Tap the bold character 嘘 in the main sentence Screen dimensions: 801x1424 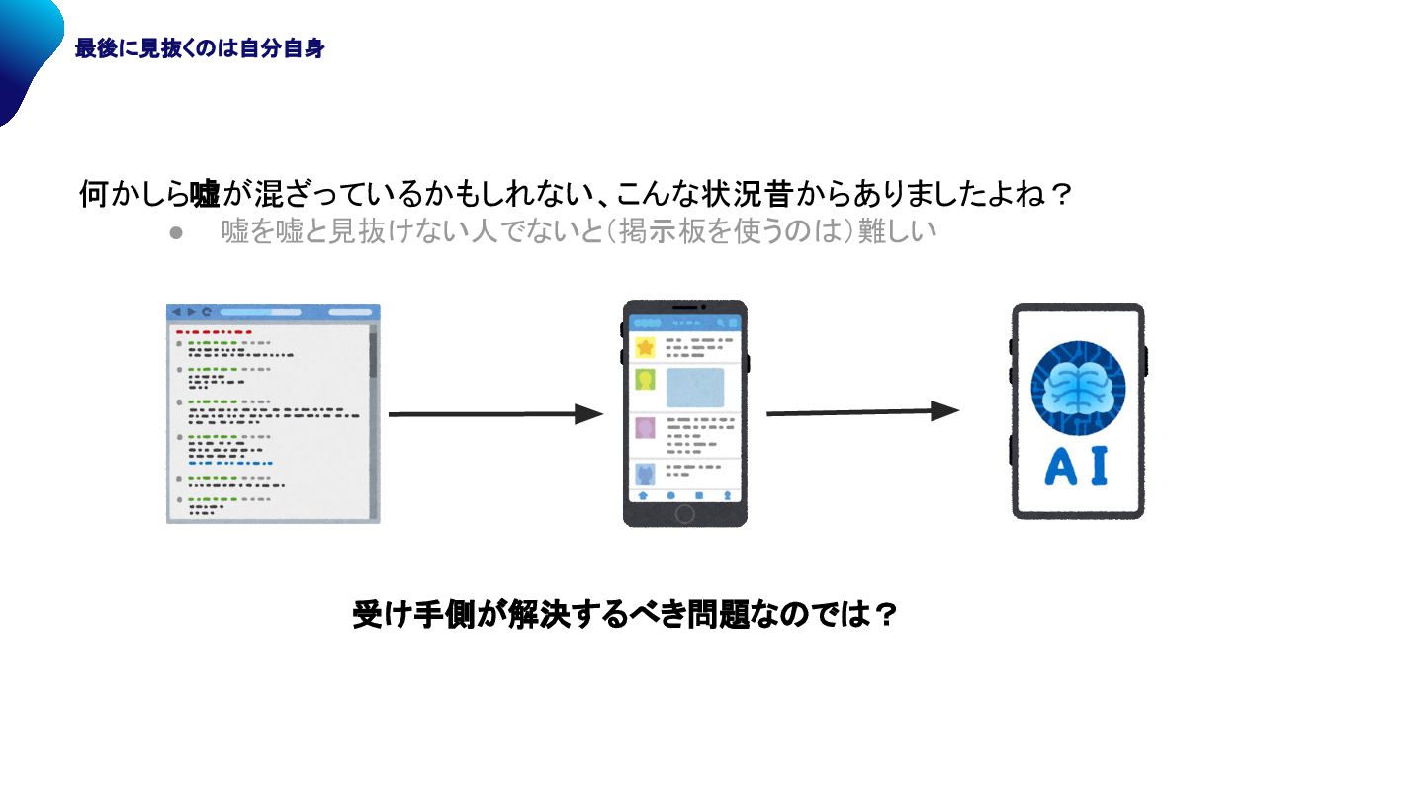point(206,194)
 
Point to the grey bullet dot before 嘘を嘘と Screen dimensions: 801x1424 point(177,233)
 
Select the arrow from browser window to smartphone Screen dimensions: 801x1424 point(494,414)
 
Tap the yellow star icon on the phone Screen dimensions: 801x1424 point(646,347)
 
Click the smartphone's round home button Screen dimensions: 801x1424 point(684,514)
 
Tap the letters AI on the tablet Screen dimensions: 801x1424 point(1076,467)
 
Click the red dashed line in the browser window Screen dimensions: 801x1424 point(214,332)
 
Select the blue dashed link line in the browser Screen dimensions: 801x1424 point(229,463)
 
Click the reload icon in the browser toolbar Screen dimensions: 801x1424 point(207,311)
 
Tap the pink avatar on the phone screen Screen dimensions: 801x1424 point(645,428)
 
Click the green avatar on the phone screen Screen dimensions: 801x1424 point(645,380)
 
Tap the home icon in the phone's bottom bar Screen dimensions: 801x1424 point(643,494)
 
